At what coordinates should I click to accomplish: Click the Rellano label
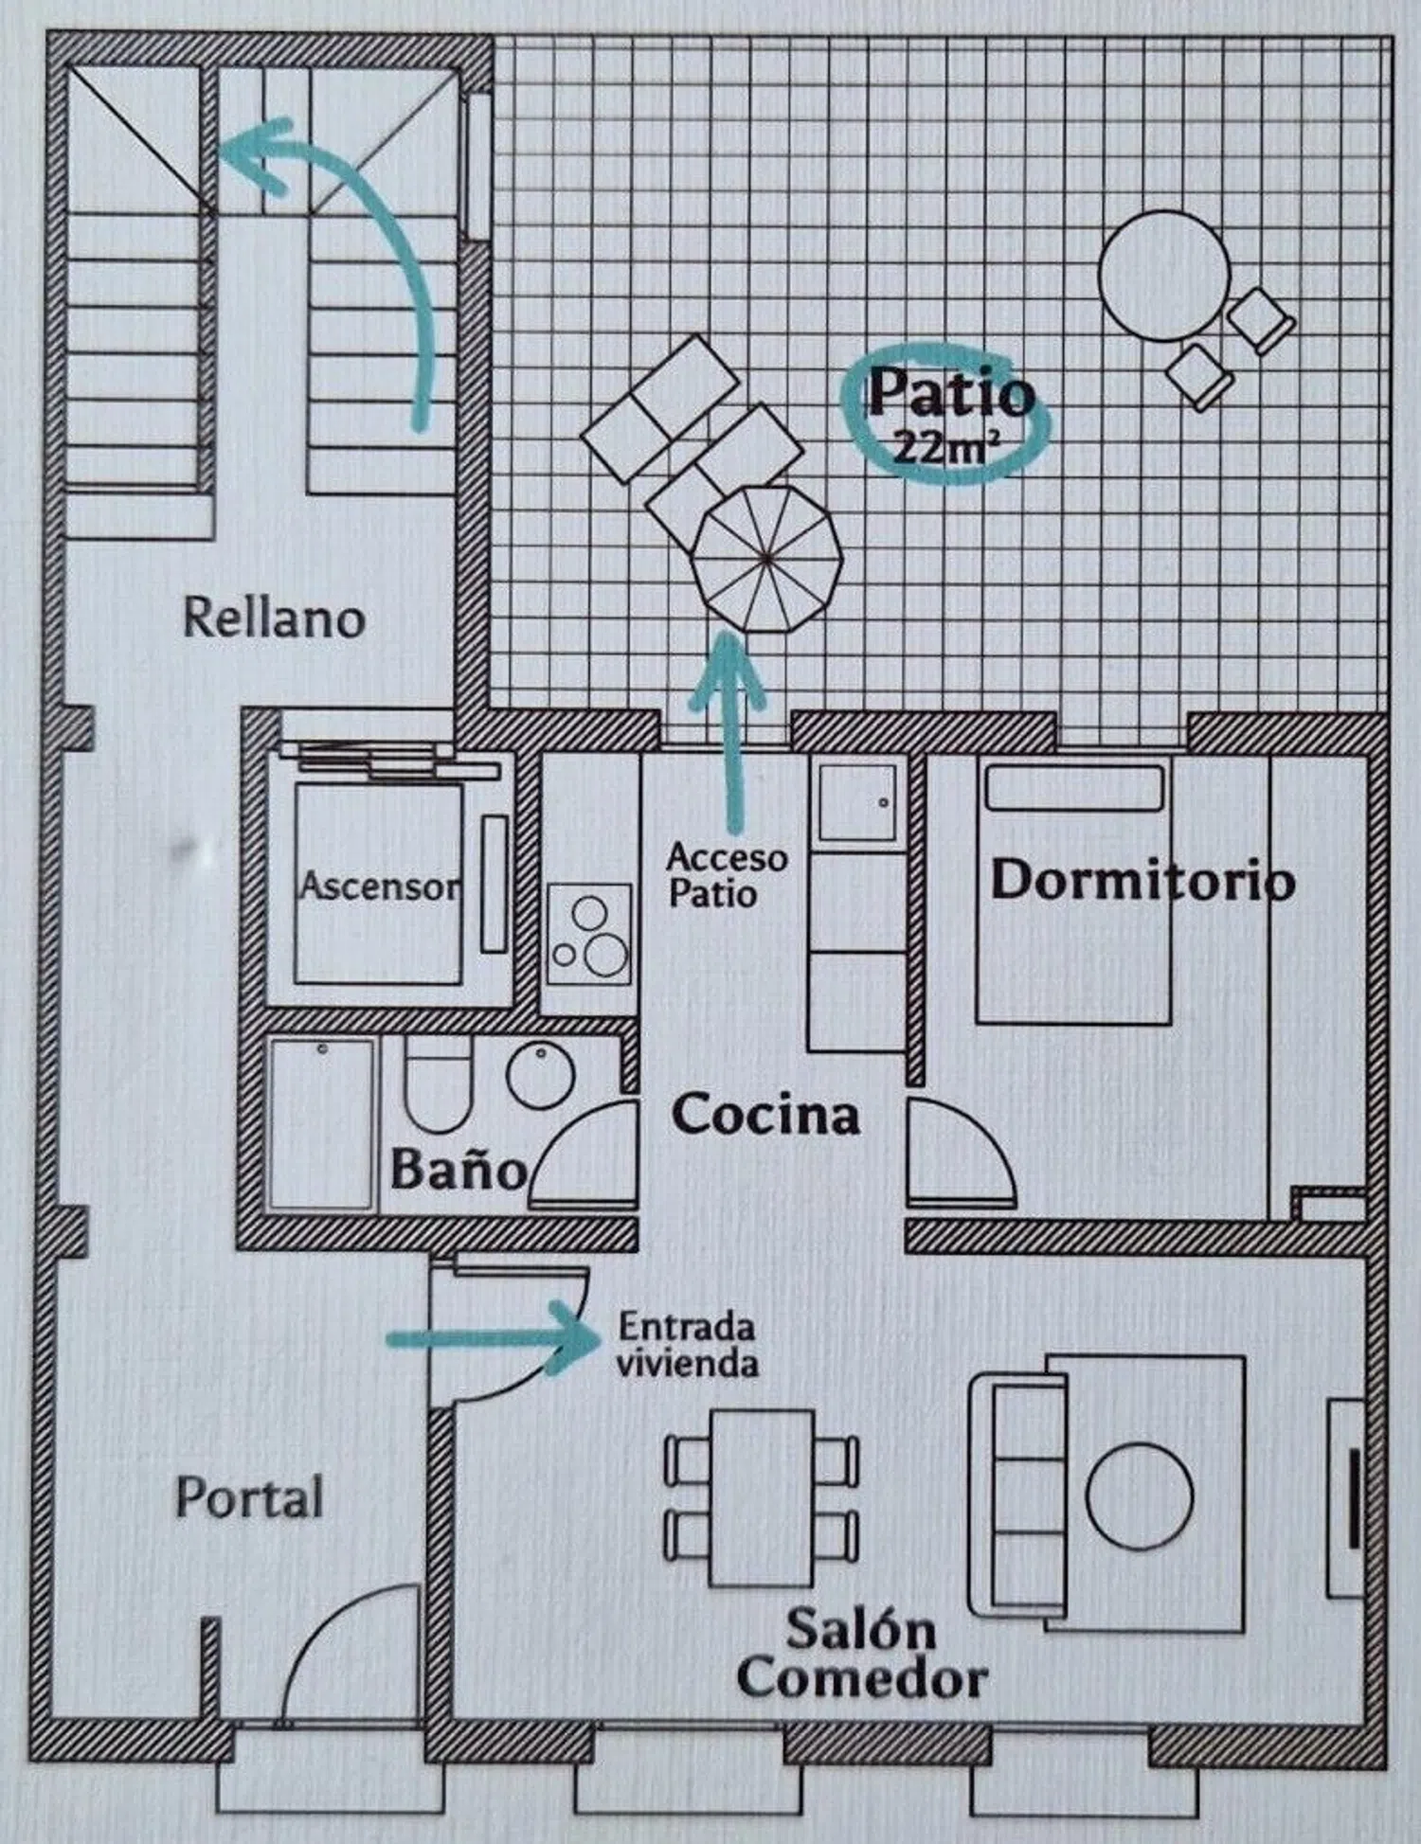(274, 618)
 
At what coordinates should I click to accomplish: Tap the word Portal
(249, 1498)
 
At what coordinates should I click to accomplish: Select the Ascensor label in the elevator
(379, 886)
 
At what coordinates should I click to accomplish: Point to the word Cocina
(765, 1115)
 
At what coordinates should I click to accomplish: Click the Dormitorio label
(1142, 881)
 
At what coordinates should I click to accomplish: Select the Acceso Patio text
(726, 875)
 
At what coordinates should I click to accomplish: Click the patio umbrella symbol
(765, 559)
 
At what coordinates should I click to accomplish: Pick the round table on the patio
(1163, 276)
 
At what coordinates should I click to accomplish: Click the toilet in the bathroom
(437, 1089)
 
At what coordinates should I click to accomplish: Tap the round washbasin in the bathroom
(540, 1075)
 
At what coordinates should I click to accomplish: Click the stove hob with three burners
(589, 935)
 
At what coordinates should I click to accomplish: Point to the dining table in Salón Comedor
(762, 1497)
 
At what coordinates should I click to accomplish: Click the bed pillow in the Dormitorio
(1074, 788)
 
